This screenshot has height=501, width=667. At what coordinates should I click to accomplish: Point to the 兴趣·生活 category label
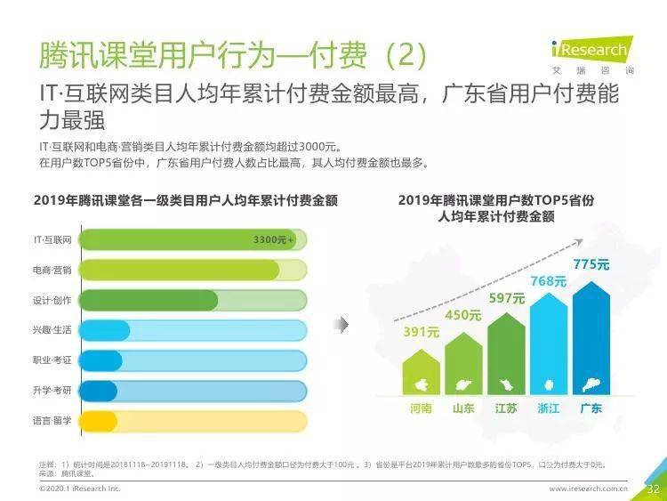(x=52, y=330)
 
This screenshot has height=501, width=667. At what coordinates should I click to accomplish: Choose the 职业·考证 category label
(x=52, y=360)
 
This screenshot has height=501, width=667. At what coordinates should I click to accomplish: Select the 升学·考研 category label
(x=52, y=391)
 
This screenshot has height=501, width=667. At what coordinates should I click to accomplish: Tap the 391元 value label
(x=422, y=332)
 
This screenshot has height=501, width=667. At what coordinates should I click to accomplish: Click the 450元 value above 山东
(x=463, y=315)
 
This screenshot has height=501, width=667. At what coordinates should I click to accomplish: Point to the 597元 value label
(x=506, y=298)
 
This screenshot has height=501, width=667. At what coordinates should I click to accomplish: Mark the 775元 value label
(x=591, y=264)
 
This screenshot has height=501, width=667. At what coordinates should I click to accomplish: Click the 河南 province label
(x=422, y=408)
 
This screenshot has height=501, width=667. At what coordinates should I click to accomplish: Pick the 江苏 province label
(x=506, y=408)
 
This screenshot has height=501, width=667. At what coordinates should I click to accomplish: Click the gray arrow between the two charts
(x=341, y=325)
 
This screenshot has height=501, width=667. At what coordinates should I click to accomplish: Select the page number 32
(x=653, y=489)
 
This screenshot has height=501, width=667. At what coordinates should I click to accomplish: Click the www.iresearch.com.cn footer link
(x=588, y=489)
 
